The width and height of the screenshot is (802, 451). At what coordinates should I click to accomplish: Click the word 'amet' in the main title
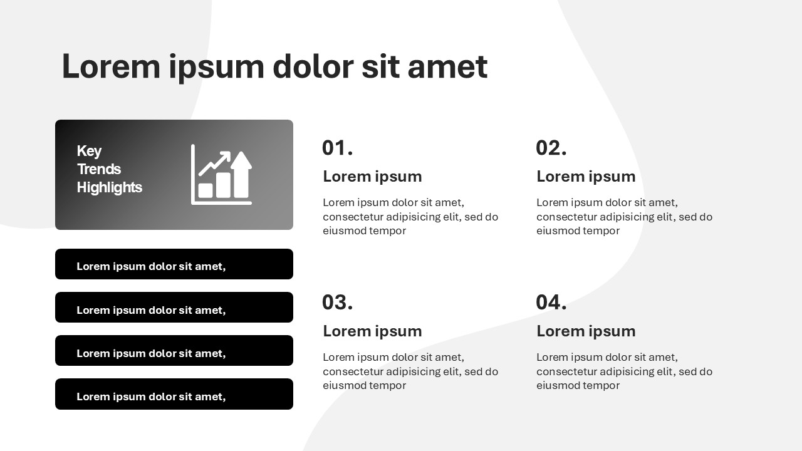tap(447, 66)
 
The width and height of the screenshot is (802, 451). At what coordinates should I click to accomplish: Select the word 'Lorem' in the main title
tap(111, 66)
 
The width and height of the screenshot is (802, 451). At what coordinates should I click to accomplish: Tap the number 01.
tap(337, 148)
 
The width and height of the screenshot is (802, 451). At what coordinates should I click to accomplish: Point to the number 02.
tap(551, 148)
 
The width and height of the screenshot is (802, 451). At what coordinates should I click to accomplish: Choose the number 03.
tap(337, 302)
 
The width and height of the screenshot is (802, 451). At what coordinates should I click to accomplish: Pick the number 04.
tap(551, 302)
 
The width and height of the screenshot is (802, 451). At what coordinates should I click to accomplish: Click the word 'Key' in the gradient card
tap(89, 152)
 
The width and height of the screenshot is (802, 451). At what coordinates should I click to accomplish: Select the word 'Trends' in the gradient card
tap(99, 169)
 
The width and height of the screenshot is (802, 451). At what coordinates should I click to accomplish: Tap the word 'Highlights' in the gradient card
tap(109, 187)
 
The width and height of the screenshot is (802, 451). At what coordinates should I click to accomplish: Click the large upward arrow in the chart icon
tap(241, 174)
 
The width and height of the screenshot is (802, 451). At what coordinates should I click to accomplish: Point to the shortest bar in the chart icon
tap(206, 190)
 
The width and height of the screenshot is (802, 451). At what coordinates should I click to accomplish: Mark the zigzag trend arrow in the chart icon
tap(214, 163)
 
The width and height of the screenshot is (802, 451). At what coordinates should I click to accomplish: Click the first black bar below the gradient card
tap(174, 264)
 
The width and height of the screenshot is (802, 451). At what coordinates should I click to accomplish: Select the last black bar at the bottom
tap(174, 394)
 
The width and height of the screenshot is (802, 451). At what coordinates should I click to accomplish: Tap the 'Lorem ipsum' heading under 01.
tap(372, 177)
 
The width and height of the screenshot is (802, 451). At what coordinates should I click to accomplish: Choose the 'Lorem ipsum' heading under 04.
tap(586, 331)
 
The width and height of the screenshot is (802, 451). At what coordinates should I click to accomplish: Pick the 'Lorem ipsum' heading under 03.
tap(372, 331)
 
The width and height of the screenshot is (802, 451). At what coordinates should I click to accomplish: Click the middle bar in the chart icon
tap(223, 185)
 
